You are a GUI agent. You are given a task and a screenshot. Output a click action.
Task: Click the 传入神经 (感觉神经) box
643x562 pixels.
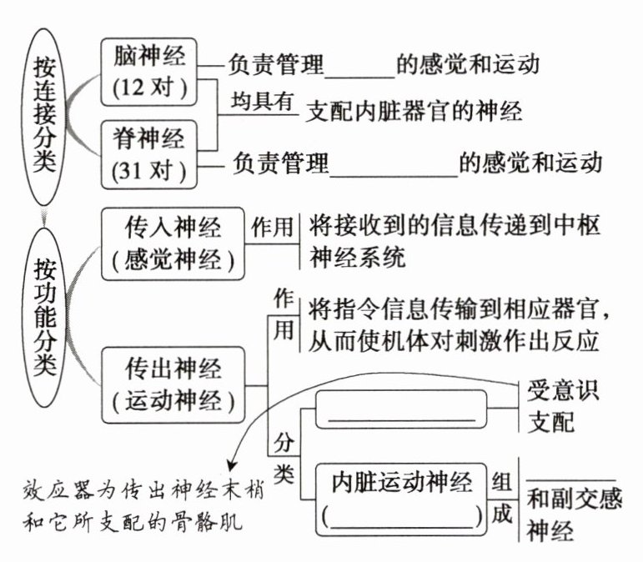click(x=173, y=243)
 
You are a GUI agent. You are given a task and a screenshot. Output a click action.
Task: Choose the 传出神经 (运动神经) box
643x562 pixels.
click(x=173, y=385)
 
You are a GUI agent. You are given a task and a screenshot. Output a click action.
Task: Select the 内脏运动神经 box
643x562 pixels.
click(x=401, y=499)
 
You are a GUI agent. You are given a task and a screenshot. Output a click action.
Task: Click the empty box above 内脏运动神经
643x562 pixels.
click(x=401, y=414)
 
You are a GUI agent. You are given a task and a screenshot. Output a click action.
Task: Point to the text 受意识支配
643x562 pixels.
click(x=563, y=406)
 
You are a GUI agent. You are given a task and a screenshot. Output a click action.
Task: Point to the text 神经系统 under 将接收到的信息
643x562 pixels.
click(x=357, y=257)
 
